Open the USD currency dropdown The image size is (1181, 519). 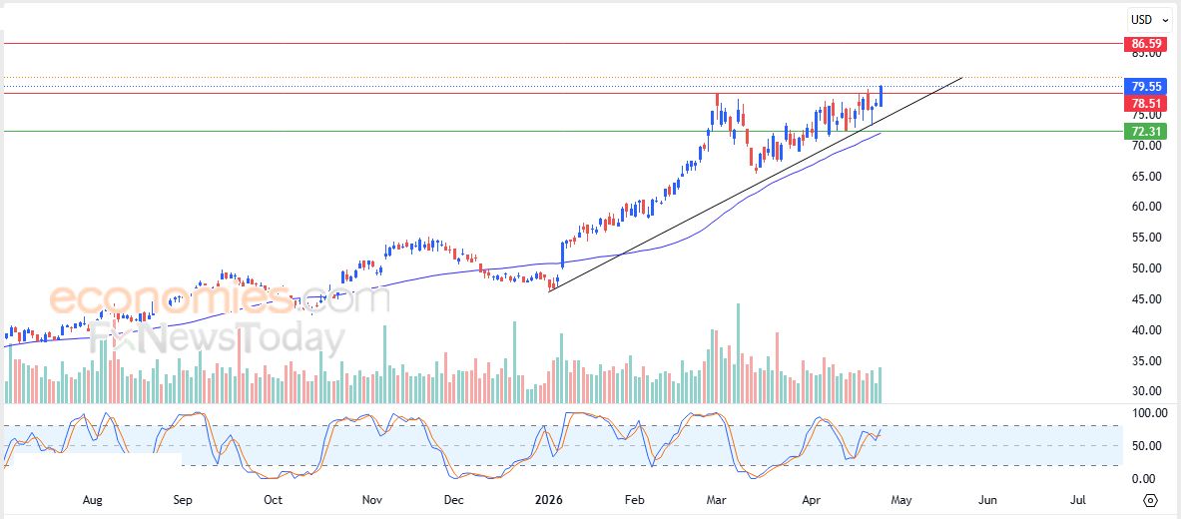coord(1144,19)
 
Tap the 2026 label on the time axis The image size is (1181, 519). coord(550,499)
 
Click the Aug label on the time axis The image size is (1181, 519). coord(92,499)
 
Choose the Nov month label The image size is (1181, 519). coord(372,499)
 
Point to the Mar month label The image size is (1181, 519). coord(718,499)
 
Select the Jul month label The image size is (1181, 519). coord(1078,499)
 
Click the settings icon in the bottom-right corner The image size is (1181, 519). coord(1151,500)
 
